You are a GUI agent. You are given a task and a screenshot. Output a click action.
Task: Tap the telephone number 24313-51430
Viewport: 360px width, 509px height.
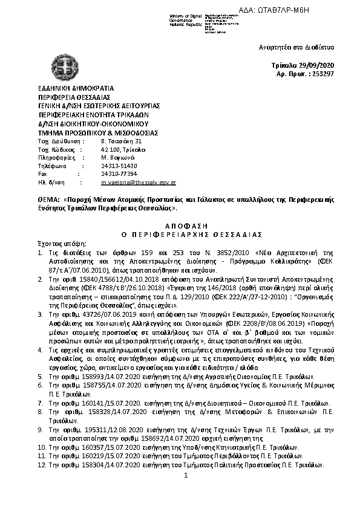coord(119,165)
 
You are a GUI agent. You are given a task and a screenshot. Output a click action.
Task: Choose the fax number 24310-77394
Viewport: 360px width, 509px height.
coord(119,173)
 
